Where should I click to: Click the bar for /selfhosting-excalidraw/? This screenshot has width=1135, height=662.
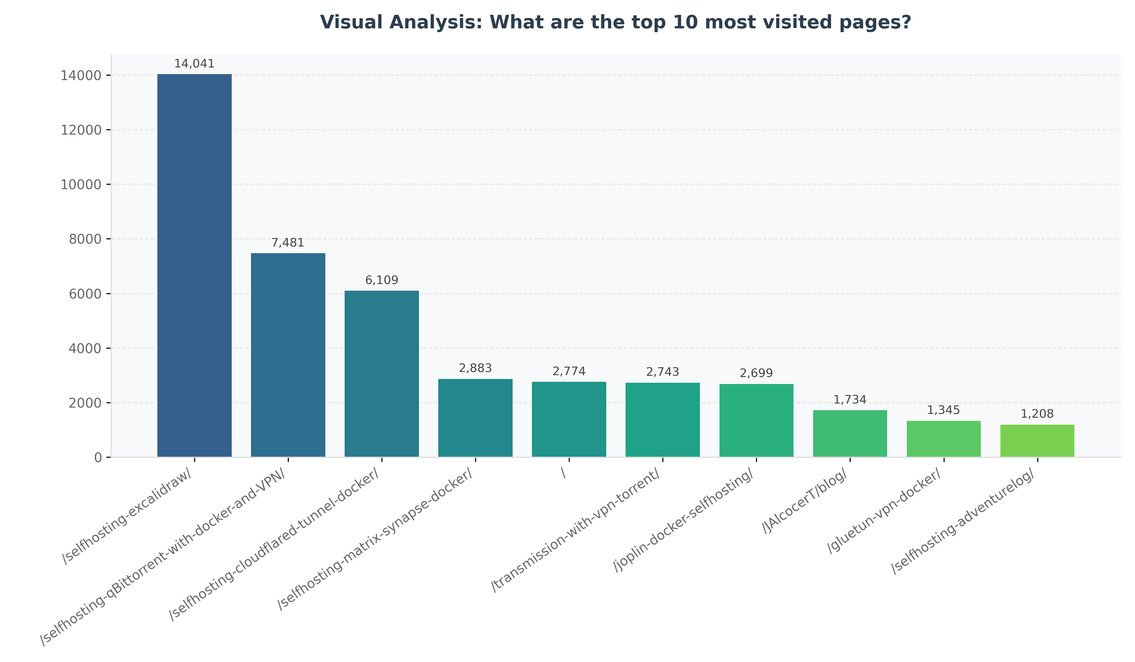pyautogui.click(x=194, y=266)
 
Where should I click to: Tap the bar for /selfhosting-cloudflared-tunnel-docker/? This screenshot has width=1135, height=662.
pyautogui.click(x=381, y=374)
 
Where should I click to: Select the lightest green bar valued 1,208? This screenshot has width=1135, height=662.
pyautogui.click(x=1037, y=441)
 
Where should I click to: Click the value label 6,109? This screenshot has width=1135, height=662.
pyautogui.click(x=381, y=281)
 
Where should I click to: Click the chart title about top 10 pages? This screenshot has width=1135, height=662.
pyautogui.click(x=615, y=22)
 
